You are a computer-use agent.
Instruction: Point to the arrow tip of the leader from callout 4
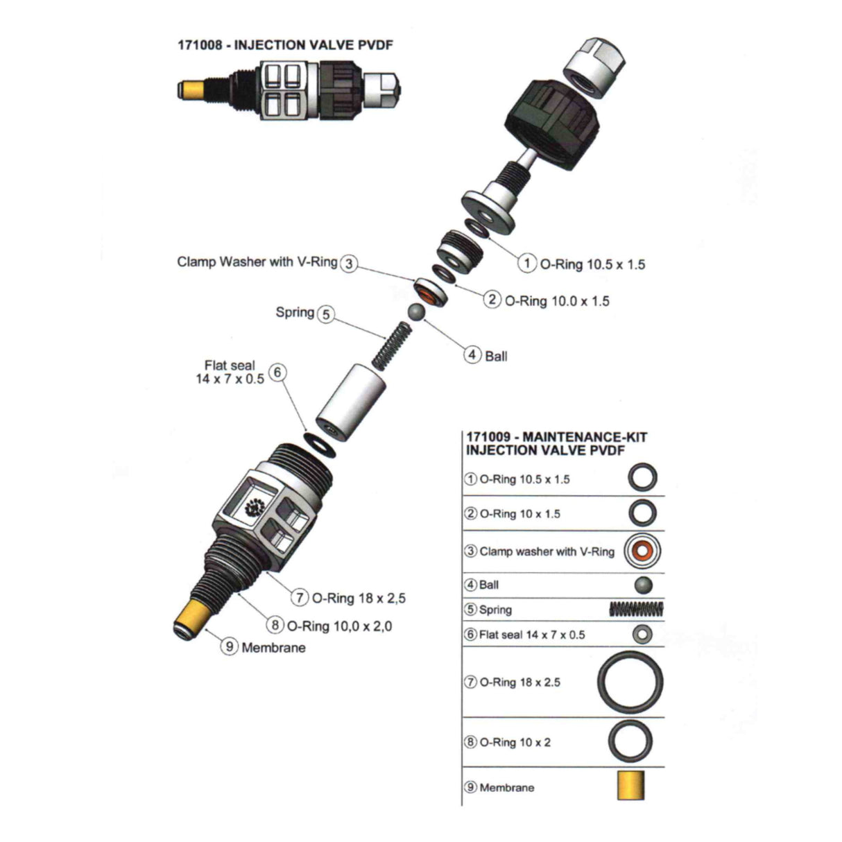click(423, 320)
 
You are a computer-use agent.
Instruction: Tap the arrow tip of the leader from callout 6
click(308, 433)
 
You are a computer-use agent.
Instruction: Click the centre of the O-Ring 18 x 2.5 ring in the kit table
click(630, 682)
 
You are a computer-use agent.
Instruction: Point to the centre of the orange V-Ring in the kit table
click(642, 551)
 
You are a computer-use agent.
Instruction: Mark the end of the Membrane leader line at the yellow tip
click(205, 629)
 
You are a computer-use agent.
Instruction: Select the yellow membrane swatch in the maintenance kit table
click(631, 785)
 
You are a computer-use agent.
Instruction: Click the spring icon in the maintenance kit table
click(636, 609)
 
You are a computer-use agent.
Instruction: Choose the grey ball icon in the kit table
click(643, 585)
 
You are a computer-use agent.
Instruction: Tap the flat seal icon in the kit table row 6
click(642, 635)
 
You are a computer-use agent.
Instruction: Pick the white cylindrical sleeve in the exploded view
click(351, 402)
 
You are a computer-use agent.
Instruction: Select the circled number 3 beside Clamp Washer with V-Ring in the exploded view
click(348, 264)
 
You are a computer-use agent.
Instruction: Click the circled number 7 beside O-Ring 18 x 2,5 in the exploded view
click(300, 597)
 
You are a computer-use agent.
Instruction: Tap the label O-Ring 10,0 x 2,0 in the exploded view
click(340, 626)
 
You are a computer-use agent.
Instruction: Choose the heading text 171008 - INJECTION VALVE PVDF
click(285, 45)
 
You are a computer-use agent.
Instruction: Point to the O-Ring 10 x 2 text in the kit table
click(515, 742)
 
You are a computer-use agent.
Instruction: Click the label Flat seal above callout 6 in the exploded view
click(230, 365)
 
